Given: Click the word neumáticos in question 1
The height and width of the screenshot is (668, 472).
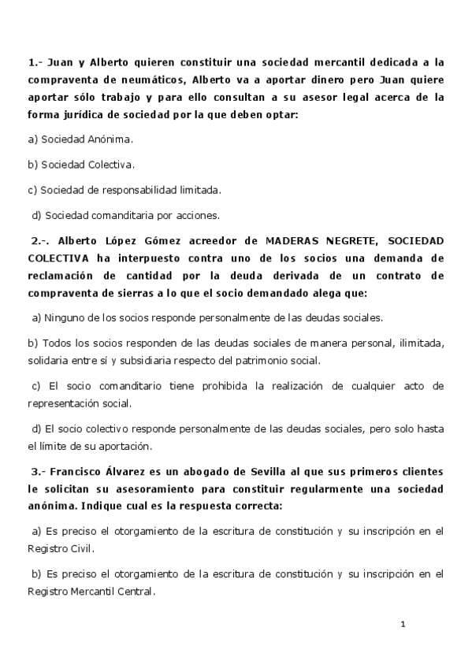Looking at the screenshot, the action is point(156,80).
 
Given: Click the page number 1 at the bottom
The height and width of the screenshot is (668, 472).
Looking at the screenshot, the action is point(403,625).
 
